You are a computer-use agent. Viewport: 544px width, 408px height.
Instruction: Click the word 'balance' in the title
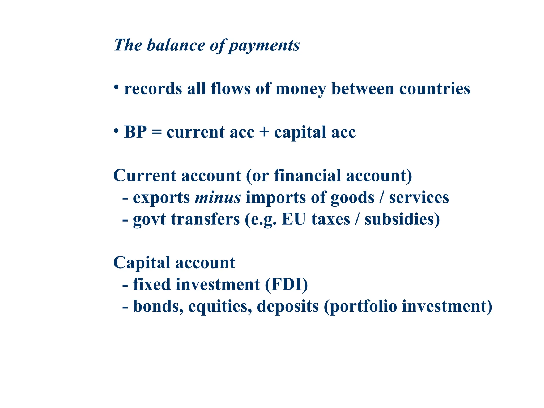pyautogui.click(x=176, y=45)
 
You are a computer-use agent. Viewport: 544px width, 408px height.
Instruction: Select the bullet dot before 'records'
pyautogui.click(x=116, y=87)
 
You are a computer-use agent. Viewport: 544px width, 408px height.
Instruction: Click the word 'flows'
pyautogui.click(x=231, y=88)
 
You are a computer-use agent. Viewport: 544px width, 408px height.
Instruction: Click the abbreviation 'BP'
pyautogui.click(x=135, y=132)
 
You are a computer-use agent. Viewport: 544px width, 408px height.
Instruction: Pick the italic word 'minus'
pyautogui.click(x=218, y=198)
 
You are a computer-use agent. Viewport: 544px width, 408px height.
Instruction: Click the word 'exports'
pyautogui.click(x=161, y=198)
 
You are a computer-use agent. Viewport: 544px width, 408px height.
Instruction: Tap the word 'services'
pyautogui.click(x=419, y=198)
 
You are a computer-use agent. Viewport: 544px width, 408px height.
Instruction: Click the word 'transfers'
pyautogui.click(x=205, y=219)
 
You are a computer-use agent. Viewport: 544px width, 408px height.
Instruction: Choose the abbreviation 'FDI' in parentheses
pyautogui.click(x=286, y=284)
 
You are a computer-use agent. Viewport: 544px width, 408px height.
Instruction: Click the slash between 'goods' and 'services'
pyautogui.click(x=382, y=198)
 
